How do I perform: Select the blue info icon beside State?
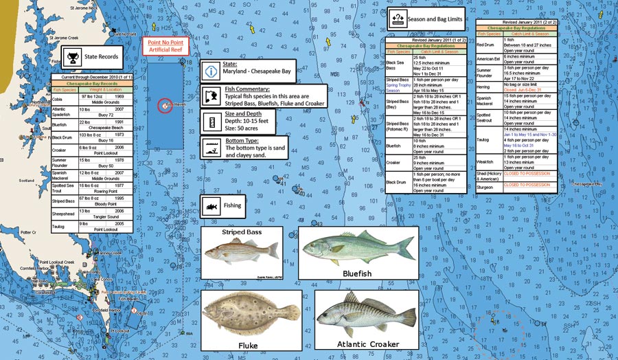211,71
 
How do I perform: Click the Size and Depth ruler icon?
211,120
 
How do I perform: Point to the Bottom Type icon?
211,146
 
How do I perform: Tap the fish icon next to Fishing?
211,205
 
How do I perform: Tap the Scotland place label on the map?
26,181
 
